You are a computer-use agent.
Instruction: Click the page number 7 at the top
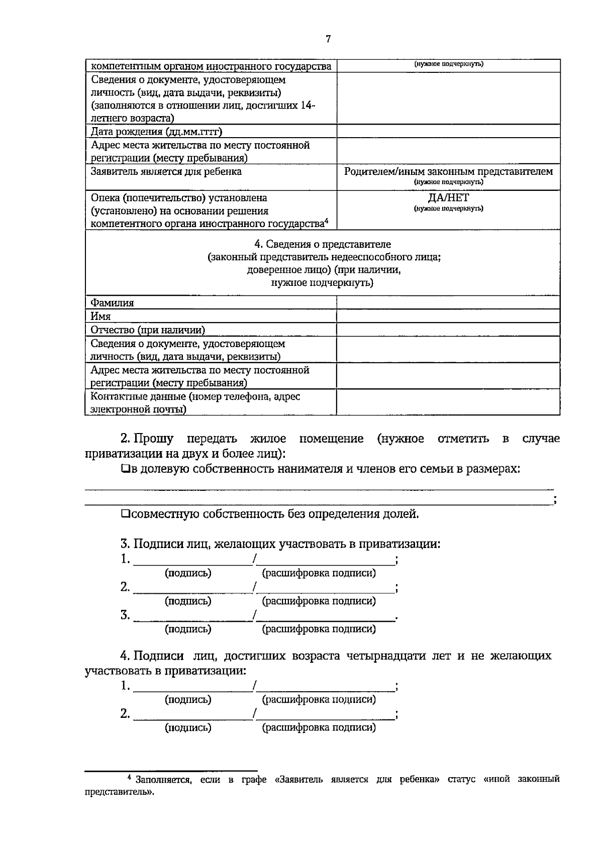[328, 39]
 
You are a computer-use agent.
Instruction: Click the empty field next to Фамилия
[448, 302]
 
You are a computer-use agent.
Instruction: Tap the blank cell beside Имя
[448, 316]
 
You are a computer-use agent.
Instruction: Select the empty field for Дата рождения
[448, 132]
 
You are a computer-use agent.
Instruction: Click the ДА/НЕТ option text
[448, 198]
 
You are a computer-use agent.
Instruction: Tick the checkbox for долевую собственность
[125, 469]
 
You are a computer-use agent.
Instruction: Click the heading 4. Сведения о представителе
[322, 244]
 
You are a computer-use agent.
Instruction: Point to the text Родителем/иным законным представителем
[448, 171]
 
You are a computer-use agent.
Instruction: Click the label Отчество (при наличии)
[148, 330]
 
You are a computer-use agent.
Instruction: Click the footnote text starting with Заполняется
[322, 780]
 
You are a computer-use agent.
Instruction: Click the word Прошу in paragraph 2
[154, 439]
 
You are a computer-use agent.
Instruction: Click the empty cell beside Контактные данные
[448, 402]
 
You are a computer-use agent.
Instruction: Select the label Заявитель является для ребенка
[166, 171]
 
